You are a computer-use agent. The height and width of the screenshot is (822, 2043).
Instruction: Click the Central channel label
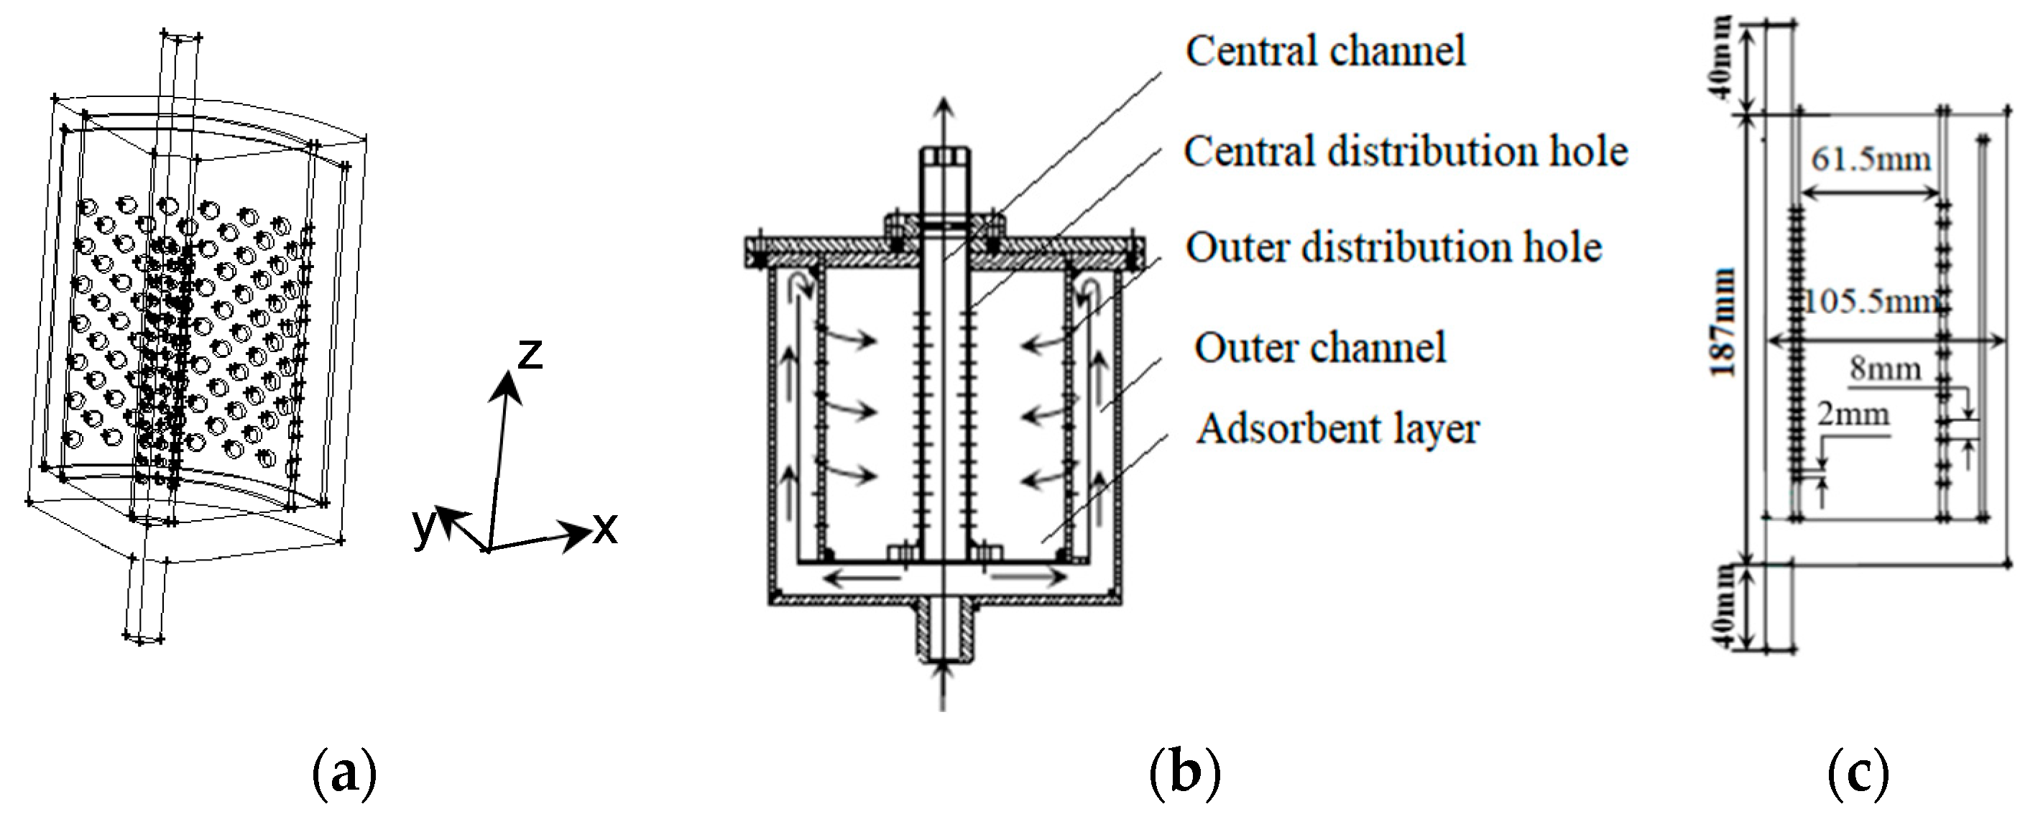[x=1324, y=52]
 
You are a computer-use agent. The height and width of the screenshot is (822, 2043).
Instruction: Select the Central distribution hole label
[x=1406, y=152]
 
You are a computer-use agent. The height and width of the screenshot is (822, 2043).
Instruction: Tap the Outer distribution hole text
[x=1393, y=248]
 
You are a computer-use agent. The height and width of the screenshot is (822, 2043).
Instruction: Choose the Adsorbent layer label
[x=1337, y=430]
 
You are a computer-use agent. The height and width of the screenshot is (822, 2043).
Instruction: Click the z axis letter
[x=529, y=354]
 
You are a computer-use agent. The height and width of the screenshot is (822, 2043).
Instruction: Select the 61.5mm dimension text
[x=1870, y=160]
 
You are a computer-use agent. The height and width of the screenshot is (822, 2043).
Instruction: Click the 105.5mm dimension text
[x=1872, y=302]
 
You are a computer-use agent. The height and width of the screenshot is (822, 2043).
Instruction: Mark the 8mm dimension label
[x=1885, y=369]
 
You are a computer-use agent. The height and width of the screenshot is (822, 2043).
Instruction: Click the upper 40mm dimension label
[x=1723, y=69]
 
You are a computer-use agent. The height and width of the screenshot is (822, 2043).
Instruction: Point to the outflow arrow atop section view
[x=942, y=119]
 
